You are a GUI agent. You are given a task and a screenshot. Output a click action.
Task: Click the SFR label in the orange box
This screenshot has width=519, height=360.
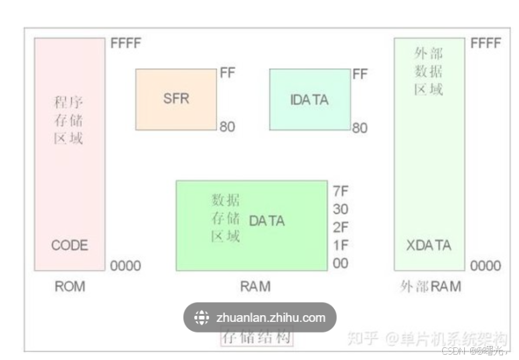(176, 99)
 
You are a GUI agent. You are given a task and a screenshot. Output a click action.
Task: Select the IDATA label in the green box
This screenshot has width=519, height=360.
(309, 100)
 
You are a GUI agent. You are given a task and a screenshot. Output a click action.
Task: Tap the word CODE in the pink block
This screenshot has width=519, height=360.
(70, 246)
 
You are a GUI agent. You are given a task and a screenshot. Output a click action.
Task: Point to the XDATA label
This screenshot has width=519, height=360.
(429, 245)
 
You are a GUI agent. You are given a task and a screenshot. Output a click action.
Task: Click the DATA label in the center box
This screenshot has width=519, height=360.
(267, 221)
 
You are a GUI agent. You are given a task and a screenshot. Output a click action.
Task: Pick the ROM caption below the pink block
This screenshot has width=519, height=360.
(70, 286)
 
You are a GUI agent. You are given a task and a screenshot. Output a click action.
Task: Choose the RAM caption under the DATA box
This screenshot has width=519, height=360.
(255, 286)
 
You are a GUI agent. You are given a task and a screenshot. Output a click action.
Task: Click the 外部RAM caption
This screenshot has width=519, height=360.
(430, 286)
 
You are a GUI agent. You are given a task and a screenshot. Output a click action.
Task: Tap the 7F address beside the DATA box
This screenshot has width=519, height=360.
(340, 190)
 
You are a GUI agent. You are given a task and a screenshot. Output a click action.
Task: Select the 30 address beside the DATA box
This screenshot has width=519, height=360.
(340, 209)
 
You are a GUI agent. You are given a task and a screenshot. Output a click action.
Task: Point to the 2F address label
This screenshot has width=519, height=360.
(340, 227)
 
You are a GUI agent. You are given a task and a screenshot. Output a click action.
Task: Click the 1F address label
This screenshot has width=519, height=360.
(340, 245)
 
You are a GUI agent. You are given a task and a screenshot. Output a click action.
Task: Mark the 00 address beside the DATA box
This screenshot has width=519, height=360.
(340, 263)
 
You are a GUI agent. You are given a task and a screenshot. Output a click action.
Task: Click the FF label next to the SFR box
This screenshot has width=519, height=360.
(228, 73)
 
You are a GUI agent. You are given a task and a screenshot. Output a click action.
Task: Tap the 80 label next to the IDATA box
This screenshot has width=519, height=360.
(360, 127)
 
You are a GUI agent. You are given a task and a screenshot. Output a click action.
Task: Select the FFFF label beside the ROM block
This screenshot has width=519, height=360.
(126, 44)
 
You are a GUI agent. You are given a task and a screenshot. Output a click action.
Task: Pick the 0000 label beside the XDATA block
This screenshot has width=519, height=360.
(485, 266)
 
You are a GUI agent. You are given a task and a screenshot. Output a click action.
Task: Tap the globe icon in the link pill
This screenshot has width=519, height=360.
(202, 318)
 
